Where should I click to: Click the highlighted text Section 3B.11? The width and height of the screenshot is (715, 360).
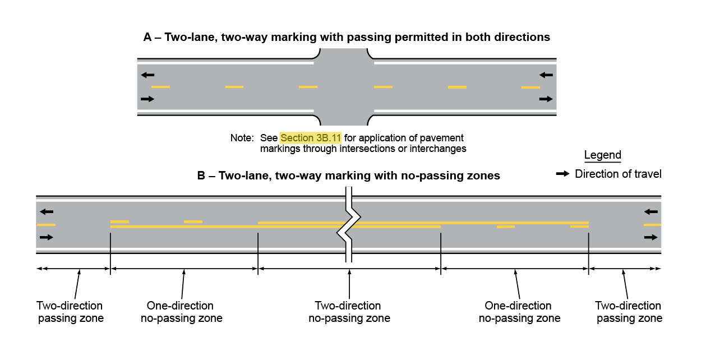click(311, 137)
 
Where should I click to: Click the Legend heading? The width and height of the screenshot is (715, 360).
click(602, 155)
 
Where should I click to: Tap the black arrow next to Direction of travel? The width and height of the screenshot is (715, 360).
click(563, 174)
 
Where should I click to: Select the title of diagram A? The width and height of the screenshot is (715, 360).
click(347, 37)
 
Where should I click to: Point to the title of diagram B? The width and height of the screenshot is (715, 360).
click(348, 176)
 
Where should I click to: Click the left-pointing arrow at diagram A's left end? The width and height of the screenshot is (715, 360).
click(147, 75)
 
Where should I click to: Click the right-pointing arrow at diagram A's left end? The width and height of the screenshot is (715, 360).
click(147, 99)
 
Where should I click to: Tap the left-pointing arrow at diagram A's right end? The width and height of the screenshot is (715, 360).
click(546, 75)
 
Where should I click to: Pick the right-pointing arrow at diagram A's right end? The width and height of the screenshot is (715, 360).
click(546, 99)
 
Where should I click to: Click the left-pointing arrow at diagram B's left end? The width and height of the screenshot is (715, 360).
click(47, 211)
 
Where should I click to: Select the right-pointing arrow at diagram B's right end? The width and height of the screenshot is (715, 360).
click(651, 237)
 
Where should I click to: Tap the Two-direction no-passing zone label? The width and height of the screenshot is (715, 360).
click(348, 312)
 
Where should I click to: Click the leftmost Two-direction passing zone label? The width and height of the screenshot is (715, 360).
click(70, 312)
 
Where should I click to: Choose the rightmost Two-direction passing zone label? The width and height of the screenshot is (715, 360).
click(629, 312)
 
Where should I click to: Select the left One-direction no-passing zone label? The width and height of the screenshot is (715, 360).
click(181, 312)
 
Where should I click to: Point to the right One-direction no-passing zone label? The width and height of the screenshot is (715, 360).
click(519, 312)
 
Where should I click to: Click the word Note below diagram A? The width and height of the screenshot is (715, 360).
click(242, 137)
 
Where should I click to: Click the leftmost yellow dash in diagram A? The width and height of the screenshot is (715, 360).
click(160, 87)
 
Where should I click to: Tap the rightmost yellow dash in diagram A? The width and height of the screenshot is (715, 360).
click(531, 87)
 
